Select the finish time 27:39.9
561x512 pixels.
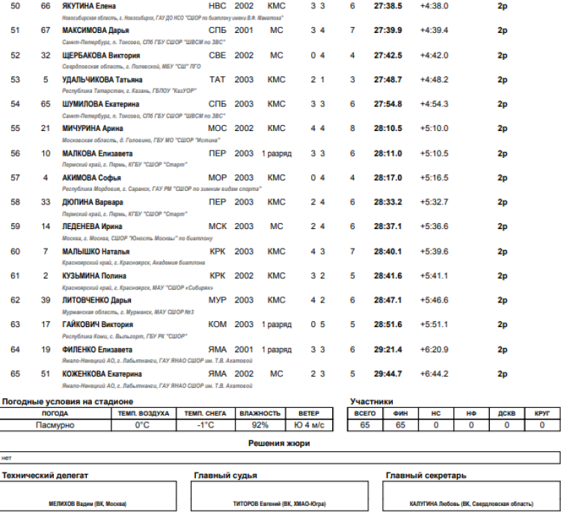[x=387, y=31]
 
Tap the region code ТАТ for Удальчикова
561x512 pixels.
[x=217, y=79]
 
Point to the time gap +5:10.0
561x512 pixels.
[x=434, y=129]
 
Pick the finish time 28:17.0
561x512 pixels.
[x=387, y=178]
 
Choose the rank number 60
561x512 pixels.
[x=16, y=252]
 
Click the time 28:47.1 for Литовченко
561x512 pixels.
[x=387, y=300]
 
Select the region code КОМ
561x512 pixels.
[x=218, y=325]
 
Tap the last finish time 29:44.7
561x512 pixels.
[x=387, y=374]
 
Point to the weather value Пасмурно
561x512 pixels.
[x=55, y=425]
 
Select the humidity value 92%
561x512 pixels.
[x=260, y=425]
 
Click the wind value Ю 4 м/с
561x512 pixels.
[x=309, y=425]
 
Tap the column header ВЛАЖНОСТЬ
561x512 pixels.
[x=260, y=413]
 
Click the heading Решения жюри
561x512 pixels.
[x=279, y=443]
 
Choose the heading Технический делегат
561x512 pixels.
[x=45, y=475]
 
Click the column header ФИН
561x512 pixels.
[x=400, y=413]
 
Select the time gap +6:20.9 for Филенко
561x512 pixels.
[x=434, y=350]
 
